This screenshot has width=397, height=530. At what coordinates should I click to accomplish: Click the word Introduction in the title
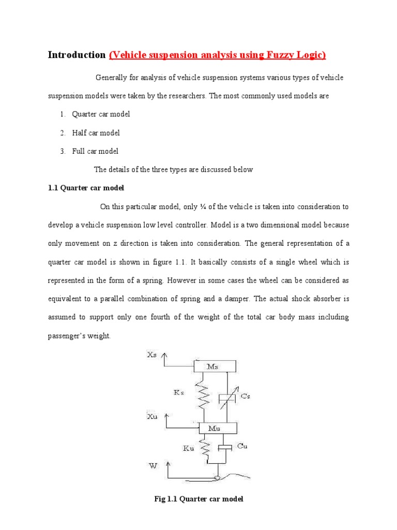tap(77, 55)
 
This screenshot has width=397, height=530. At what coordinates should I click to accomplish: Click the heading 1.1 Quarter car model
tap(86, 188)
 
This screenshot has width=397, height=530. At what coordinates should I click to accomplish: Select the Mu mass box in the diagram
tap(215, 428)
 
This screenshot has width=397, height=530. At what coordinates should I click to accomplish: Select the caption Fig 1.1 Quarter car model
tap(198, 499)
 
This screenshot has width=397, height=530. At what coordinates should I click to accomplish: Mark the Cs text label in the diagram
tap(247, 396)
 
